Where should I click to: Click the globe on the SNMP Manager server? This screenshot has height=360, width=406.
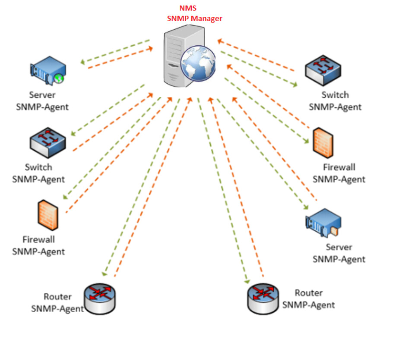click(198, 64)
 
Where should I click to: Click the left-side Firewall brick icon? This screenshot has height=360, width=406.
click(48, 215)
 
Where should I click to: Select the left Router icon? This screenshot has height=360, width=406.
click(100, 298)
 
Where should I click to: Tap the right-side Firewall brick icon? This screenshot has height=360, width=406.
click(324, 142)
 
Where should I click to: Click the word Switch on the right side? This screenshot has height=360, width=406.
click(335, 95)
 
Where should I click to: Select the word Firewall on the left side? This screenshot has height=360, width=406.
click(38, 240)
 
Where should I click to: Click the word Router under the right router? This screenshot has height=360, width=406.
click(308, 293)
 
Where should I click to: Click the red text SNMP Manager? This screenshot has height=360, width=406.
click(194, 18)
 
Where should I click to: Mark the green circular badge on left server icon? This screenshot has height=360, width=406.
click(59, 79)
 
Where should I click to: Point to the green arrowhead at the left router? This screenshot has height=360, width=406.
click(104, 273)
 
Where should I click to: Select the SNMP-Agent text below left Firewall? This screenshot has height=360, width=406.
click(38, 251)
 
